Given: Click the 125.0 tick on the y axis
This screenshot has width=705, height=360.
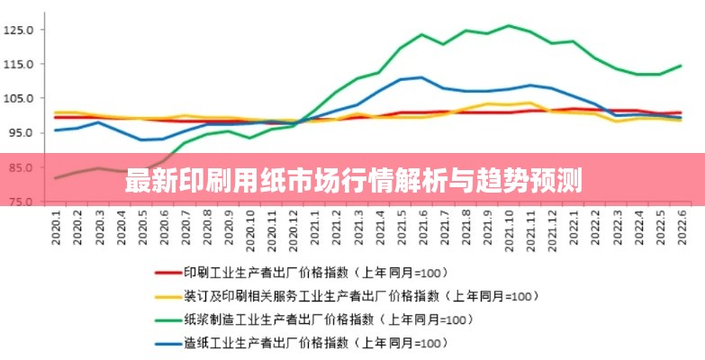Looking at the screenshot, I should (x=17, y=30).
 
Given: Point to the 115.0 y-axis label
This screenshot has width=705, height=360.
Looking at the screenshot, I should (x=17, y=64).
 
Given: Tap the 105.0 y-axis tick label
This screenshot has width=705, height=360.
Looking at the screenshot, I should (x=17, y=98).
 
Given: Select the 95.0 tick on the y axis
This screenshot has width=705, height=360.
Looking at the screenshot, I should (x=19, y=132).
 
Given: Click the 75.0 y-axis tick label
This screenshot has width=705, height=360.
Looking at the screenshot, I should (x=19, y=201).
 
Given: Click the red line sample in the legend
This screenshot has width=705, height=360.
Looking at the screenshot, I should (x=167, y=271).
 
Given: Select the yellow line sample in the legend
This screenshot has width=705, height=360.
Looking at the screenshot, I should (x=167, y=295).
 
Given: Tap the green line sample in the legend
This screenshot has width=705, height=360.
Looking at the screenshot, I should (x=167, y=319).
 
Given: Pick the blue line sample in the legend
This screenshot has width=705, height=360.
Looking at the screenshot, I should (x=167, y=343).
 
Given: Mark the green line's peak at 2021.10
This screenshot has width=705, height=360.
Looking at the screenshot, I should (x=510, y=25).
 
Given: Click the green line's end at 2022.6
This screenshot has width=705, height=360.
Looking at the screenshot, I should (x=682, y=66).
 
